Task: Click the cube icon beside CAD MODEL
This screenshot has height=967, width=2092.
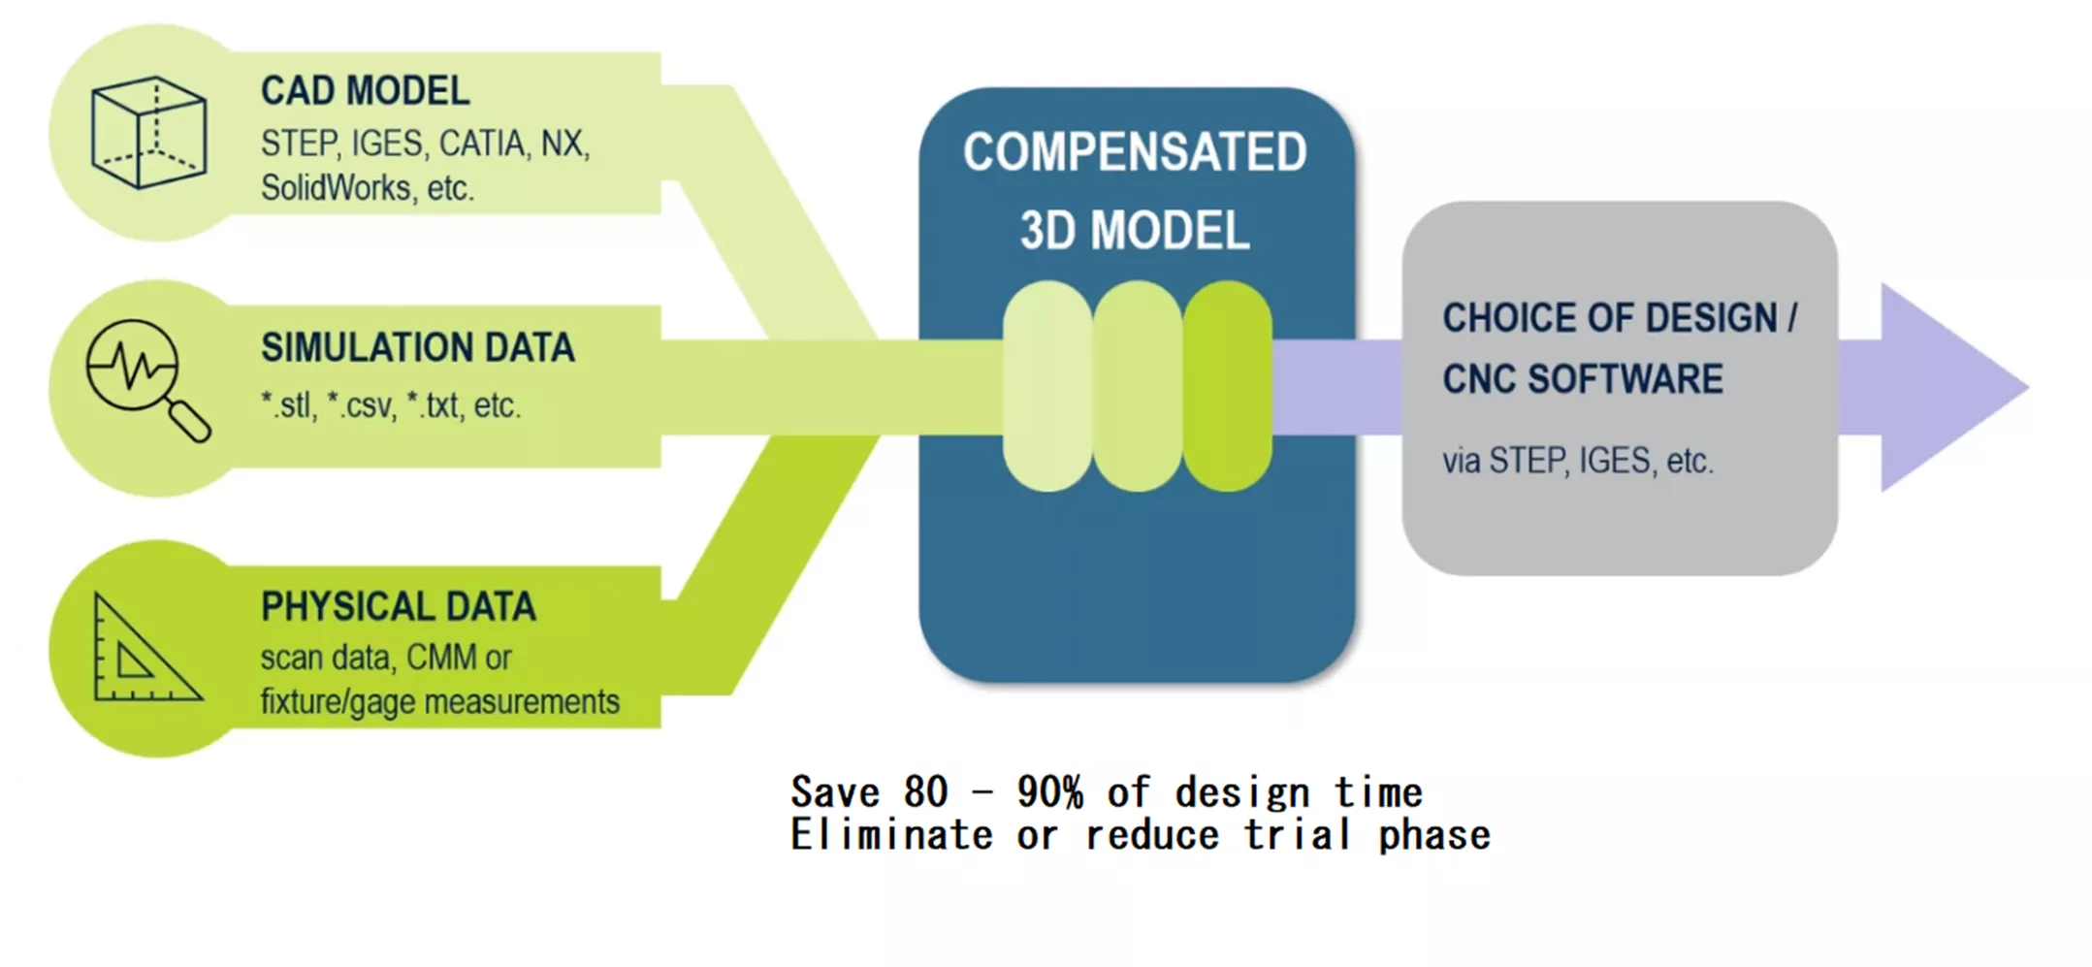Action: tap(148, 133)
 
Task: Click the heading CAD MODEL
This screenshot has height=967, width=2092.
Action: tap(365, 91)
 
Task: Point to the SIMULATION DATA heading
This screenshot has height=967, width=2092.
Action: tap(417, 347)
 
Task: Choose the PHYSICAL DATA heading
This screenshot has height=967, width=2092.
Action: tap(398, 607)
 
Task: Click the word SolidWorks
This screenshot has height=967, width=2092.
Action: tap(336, 188)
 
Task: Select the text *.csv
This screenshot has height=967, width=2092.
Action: tap(360, 405)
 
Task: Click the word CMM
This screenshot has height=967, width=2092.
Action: tap(441, 658)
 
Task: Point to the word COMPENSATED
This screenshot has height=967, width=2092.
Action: tap(1135, 152)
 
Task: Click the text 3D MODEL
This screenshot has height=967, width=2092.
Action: tap(1135, 231)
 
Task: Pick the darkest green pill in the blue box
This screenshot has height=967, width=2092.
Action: tap(1227, 386)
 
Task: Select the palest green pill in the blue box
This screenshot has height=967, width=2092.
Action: tap(1047, 386)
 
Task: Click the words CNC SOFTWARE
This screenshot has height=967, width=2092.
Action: tap(1582, 379)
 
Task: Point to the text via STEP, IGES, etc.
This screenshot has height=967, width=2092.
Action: tap(1577, 461)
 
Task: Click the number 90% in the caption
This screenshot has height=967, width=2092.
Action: tap(1049, 792)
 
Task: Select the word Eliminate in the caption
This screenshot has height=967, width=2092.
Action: tap(891, 835)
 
